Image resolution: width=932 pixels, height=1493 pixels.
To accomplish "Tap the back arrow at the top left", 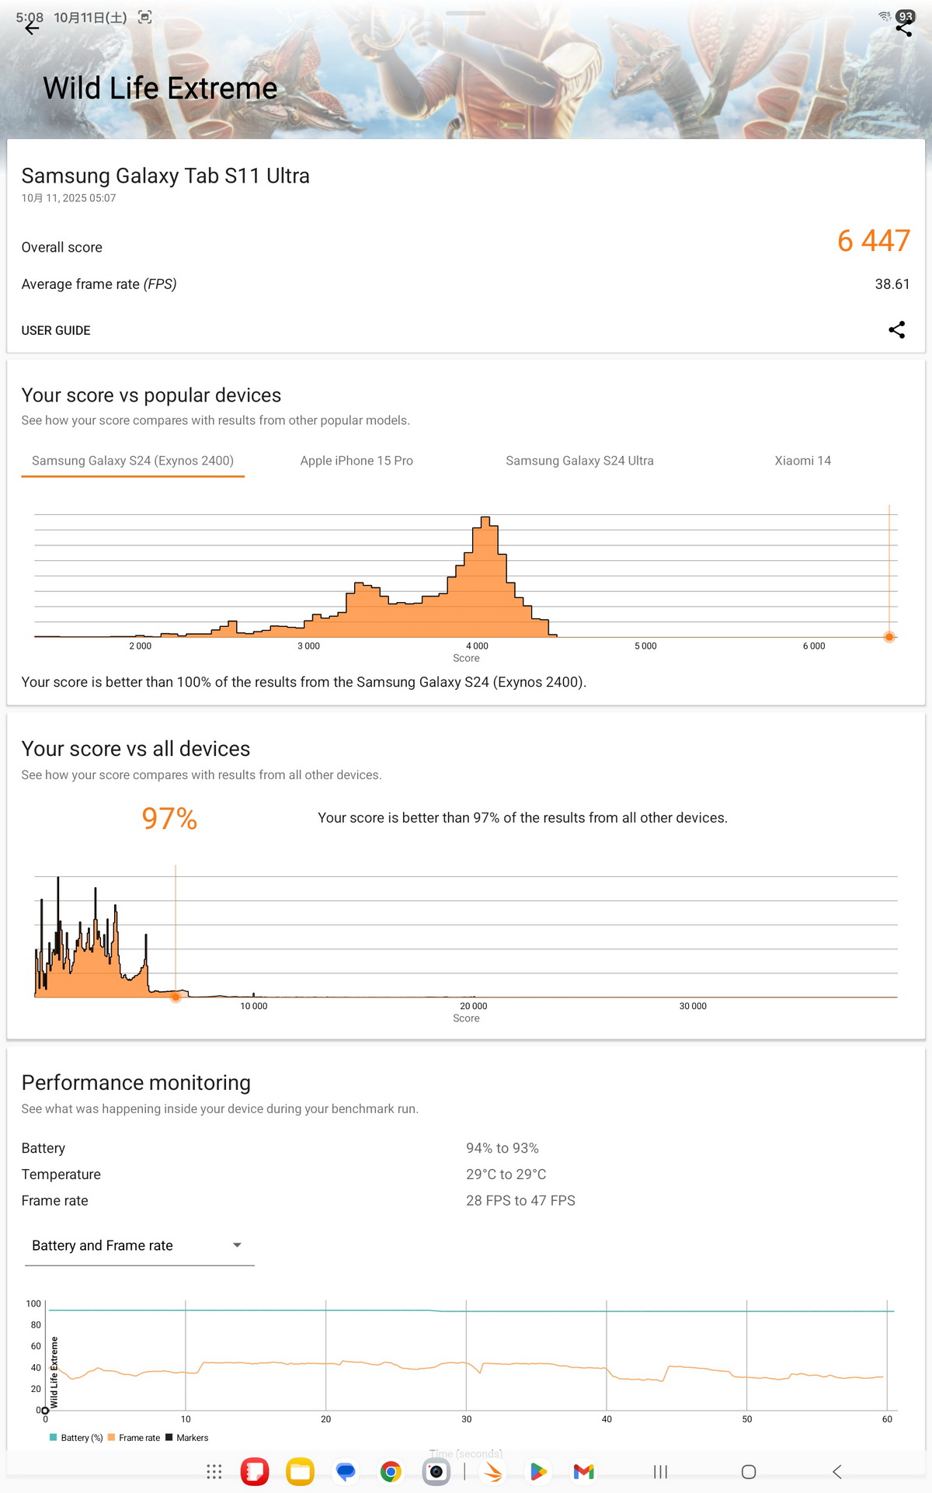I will pyautogui.click(x=31, y=29).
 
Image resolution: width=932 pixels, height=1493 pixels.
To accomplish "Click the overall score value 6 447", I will pyautogui.click(x=873, y=241).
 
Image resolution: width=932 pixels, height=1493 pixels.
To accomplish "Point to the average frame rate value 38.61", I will pyautogui.click(x=892, y=284).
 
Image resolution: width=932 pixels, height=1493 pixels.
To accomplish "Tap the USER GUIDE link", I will pyautogui.click(x=56, y=330).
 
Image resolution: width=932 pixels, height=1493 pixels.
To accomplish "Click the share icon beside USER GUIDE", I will pyautogui.click(x=896, y=330).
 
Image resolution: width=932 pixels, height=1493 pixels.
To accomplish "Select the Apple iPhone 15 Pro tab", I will pyautogui.click(x=356, y=461).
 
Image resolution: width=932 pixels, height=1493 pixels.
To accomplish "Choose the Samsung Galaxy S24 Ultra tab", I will pyautogui.click(x=579, y=461).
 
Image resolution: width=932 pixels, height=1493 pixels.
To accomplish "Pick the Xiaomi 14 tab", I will pyautogui.click(x=802, y=461).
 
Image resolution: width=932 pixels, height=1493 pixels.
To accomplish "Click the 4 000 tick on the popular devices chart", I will pyautogui.click(x=477, y=646).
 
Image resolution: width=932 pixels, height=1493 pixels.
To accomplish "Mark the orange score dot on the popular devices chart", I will pyautogui.click(x=889, y=637).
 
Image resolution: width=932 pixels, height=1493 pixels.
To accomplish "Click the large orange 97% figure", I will pyautogui.click(x=169, y=819).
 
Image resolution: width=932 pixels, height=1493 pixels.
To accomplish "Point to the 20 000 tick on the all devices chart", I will pyautogui.click(x=473, y=1006).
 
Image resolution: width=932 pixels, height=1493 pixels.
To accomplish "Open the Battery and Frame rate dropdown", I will pyautogui.click(x=139, y=1246).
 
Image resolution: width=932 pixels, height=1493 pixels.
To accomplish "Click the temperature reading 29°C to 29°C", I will pyautogui.click(x=506, y=1175).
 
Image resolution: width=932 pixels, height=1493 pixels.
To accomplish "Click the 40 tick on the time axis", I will pyautogui.click(x=607, y=1419).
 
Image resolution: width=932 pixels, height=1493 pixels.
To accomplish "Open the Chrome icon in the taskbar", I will pyautogui.click(x=391, y=1471).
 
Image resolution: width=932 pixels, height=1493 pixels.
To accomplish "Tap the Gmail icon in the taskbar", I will pyautogui.click(x=583, y=1471).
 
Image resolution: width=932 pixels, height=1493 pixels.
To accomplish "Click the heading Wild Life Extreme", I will pyautogui.click(x=160, y=89).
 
